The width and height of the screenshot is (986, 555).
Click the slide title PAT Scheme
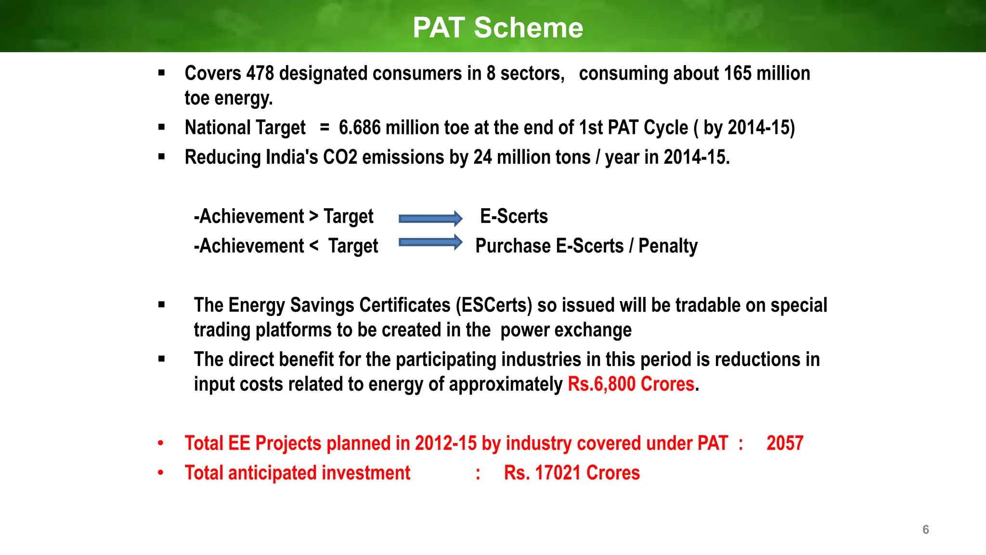coord(498,27)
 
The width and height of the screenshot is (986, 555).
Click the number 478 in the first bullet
coord(260,73)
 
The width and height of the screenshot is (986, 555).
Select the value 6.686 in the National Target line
coord(360,128)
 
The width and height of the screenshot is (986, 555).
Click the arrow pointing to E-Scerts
coord(430,219)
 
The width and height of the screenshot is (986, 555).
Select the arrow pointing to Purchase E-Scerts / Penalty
coord(430,242)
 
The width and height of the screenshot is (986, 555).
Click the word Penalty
coord(668,246)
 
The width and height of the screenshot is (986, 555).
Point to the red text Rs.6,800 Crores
coord(631,384)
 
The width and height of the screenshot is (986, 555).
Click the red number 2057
coord(785,443)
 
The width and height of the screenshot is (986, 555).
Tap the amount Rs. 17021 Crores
coord(571,473)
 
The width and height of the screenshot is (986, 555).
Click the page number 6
coord(925,529)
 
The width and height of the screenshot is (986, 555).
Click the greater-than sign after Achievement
coord(313,216)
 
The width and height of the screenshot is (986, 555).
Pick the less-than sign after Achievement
coord(314,246)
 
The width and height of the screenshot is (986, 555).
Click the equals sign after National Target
coord(324,128)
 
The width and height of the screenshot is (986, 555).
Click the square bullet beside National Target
coord(162,128)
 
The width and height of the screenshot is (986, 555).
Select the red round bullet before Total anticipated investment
coord(161,473)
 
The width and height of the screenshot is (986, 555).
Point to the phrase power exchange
coord(566,330)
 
